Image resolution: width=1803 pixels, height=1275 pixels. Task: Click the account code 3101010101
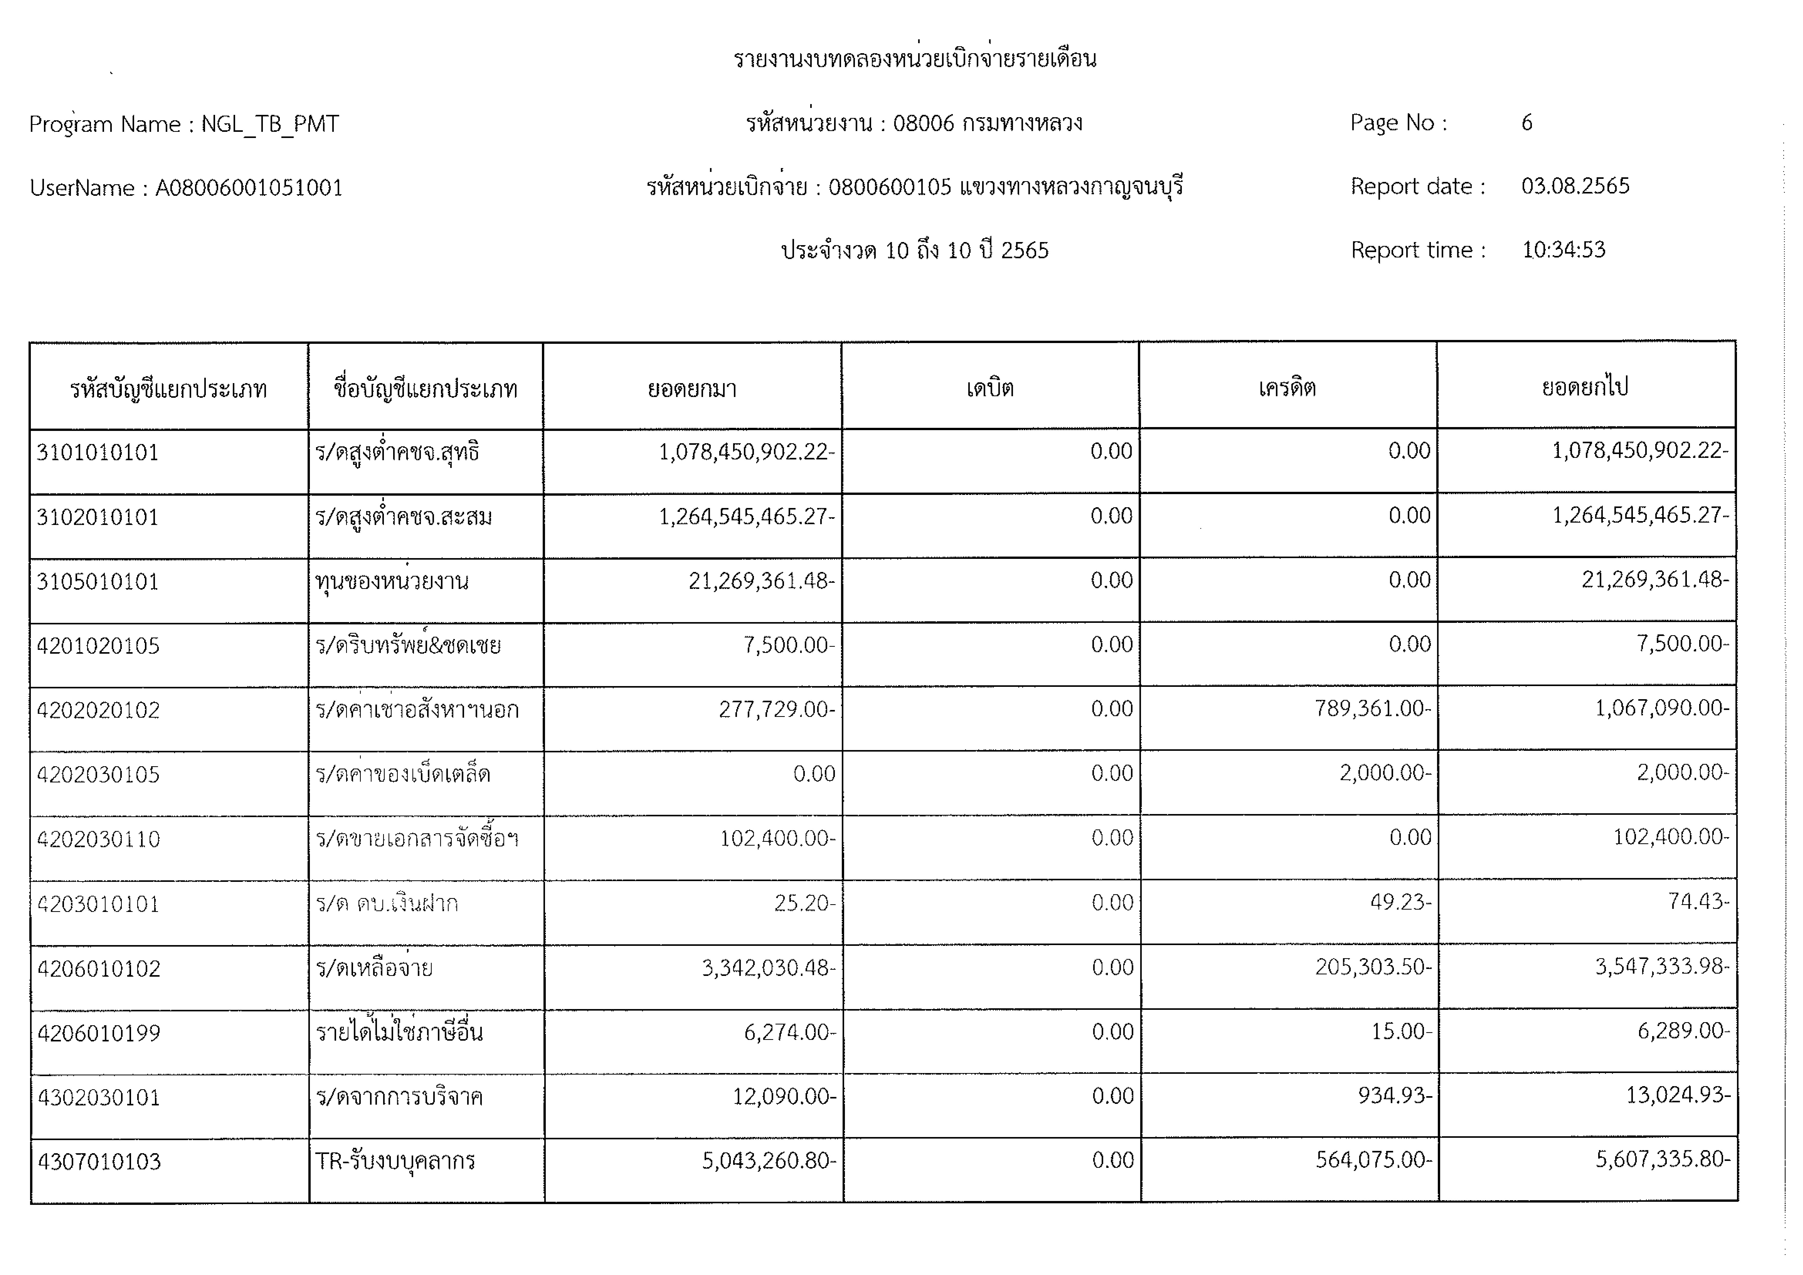pos(97,453)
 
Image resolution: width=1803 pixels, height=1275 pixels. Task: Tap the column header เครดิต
pos(1287,388)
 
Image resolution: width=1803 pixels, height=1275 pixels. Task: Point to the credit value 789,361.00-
pos(1373,709)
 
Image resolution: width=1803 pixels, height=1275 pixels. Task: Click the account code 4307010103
pos(99,1161)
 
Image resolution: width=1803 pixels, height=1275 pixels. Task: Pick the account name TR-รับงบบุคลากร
pos(395,1160)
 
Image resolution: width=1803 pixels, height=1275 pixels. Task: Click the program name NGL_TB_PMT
pos(270,124)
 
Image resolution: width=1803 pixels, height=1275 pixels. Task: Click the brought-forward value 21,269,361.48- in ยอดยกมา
pos(761,581)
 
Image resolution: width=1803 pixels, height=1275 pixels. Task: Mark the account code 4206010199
pos(99,1032)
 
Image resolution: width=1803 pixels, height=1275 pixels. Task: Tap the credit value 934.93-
pos(1395,1095)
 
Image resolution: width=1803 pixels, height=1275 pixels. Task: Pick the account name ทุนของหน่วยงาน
pos(392,582)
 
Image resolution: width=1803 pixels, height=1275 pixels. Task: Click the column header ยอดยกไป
pos(1585,387)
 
